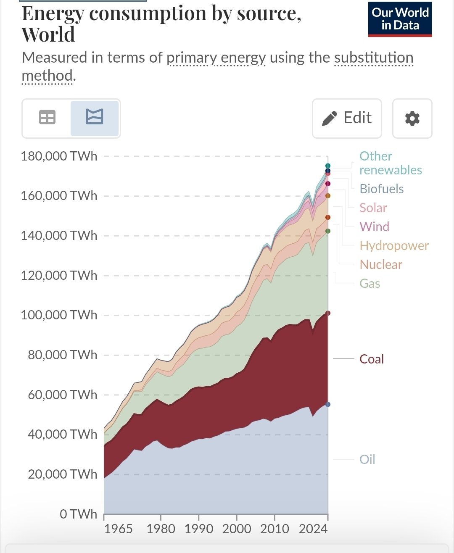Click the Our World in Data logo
coord(400,19)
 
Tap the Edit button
coord(347,118)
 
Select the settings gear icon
coord(412,118)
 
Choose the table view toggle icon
coord(47,117)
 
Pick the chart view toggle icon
coord(95,117)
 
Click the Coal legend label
coord(372,359)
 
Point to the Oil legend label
coord(367,459)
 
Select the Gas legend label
coord(370,284)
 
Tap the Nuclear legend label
coord(381,265)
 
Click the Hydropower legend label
coord(394,246)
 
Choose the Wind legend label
coord(374,227)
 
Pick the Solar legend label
coord(373,208)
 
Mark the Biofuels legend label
coord(382,189)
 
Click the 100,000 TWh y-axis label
coord(59,315)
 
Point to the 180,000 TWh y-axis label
coord(59,156)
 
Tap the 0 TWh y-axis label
coord(78,514)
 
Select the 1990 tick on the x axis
coord(199,528)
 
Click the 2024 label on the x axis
coord(313,528)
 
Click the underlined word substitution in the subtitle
coord(374,58)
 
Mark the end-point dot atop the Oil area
coord(328,404)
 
